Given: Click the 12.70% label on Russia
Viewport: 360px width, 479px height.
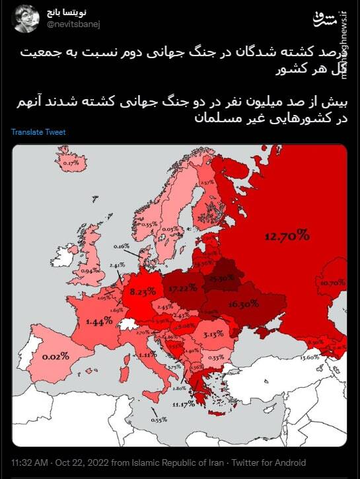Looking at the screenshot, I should click(287, 235).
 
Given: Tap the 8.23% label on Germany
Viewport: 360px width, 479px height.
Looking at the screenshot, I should click(143, 291).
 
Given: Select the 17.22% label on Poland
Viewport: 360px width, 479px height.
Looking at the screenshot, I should click(183, 289).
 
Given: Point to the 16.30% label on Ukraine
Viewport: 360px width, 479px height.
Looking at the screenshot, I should click(242, 305).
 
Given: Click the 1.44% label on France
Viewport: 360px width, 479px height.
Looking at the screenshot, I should click(99, 321).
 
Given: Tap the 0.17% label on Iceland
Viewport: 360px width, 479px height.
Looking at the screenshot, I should click(71, 162).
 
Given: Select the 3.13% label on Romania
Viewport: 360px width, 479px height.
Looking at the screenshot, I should click(213, 334).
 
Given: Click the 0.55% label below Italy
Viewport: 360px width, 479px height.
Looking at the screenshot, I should click(159, 420).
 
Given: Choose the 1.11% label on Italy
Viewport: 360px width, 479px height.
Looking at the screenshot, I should click(148, 355).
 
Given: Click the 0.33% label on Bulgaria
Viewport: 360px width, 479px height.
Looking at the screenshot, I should click(215, 357).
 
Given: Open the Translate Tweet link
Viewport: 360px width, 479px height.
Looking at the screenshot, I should click(38, 132).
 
